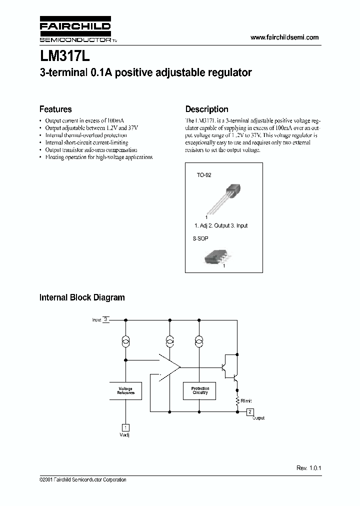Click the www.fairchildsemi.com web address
[284, 37]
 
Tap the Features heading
[55, 109]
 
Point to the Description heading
[206, 109]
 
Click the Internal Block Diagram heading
[82, 297]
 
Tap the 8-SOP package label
[201, 239]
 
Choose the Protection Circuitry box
[200, 391]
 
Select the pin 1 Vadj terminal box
[125, 427]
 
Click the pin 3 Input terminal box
[106, 319]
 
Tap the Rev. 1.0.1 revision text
[308, 468]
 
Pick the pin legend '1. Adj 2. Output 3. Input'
[221, 226]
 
